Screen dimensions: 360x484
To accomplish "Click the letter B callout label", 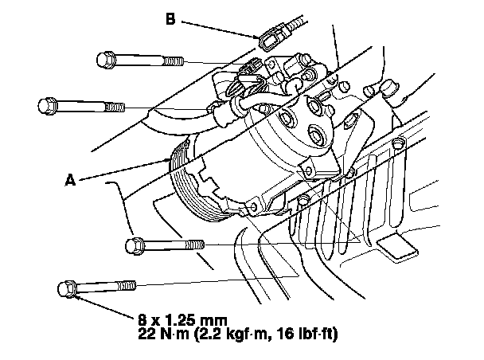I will coord(170,16).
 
